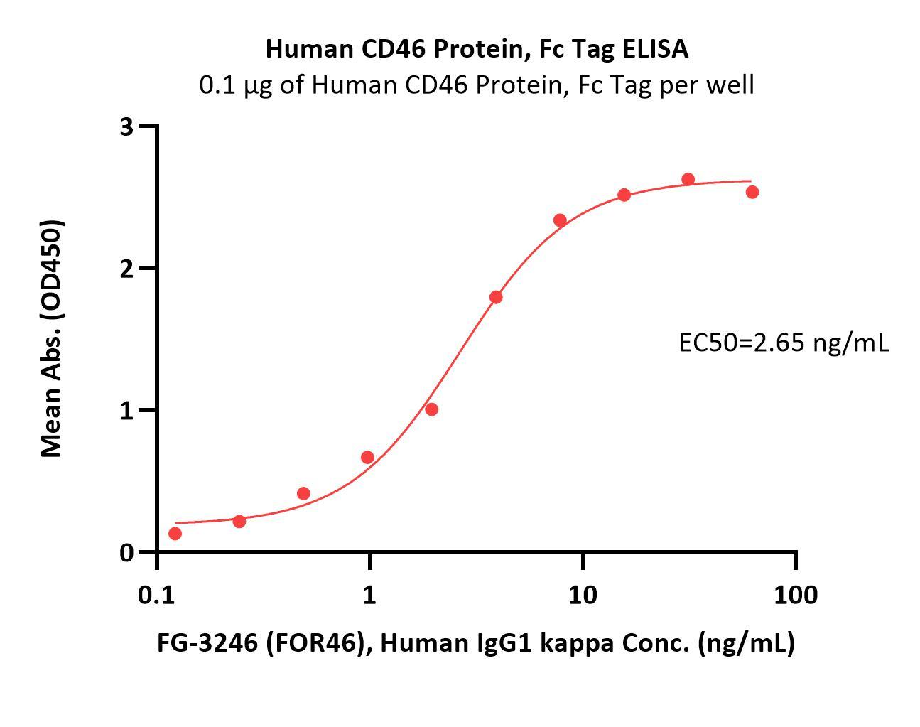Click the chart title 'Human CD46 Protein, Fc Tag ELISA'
click(x=477, y=48)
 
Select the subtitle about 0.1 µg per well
click(x=477, y=85)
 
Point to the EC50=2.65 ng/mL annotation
click(x=784, y=343)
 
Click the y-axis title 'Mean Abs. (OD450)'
click(x=51, y=338)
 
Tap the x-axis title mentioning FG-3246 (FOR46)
click(x=476, y=643)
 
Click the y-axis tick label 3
click(x=127, y=126)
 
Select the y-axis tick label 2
click(x=127, y=269)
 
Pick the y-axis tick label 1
click(x=127, y=411)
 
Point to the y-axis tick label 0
click(x=127, y=553)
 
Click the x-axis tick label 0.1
click(x=156, y=595)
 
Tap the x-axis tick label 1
click(x=369, y=595)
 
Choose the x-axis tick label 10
click(x=583, y=595)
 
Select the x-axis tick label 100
click(x=796, y=595)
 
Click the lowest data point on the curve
click(x=175, y=534)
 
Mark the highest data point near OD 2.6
click(x=688, y=179)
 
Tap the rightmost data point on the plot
click(x=752, y=192)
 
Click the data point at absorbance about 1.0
click(x=431, y=409)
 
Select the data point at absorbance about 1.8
click(x=496, y=297)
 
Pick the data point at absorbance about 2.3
click(x=560, y=220)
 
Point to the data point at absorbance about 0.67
click(x=367, y=457)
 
